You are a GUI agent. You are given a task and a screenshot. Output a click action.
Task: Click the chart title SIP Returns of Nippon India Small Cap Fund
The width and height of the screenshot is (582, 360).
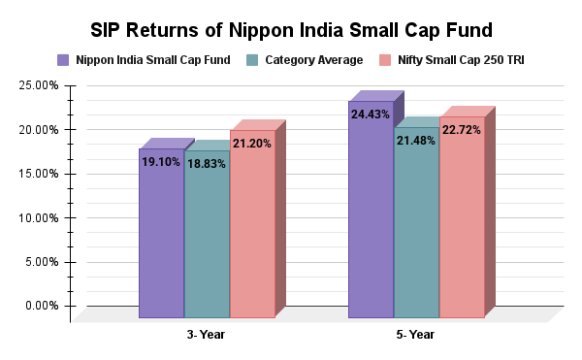291,29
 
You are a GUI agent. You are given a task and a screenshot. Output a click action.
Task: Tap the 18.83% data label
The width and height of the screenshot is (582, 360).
207,164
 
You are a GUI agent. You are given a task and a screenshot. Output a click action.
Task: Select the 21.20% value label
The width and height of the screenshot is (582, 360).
252,144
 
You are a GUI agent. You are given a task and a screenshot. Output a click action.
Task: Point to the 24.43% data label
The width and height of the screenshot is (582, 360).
371,115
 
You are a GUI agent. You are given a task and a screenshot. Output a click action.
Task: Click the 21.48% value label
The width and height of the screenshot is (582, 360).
416,141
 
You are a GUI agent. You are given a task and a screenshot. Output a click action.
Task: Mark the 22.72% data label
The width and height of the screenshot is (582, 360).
462,130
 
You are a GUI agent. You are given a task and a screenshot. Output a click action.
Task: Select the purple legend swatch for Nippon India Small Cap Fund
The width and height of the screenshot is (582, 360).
63,60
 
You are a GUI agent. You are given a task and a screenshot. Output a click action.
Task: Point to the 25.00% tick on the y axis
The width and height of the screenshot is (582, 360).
38,85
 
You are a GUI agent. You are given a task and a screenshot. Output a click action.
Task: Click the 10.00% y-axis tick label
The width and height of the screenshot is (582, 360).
38,217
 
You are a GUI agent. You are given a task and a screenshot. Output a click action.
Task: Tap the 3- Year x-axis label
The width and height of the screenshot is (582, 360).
207,335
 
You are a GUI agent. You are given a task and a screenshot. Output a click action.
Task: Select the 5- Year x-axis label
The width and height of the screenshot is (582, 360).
416,335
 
